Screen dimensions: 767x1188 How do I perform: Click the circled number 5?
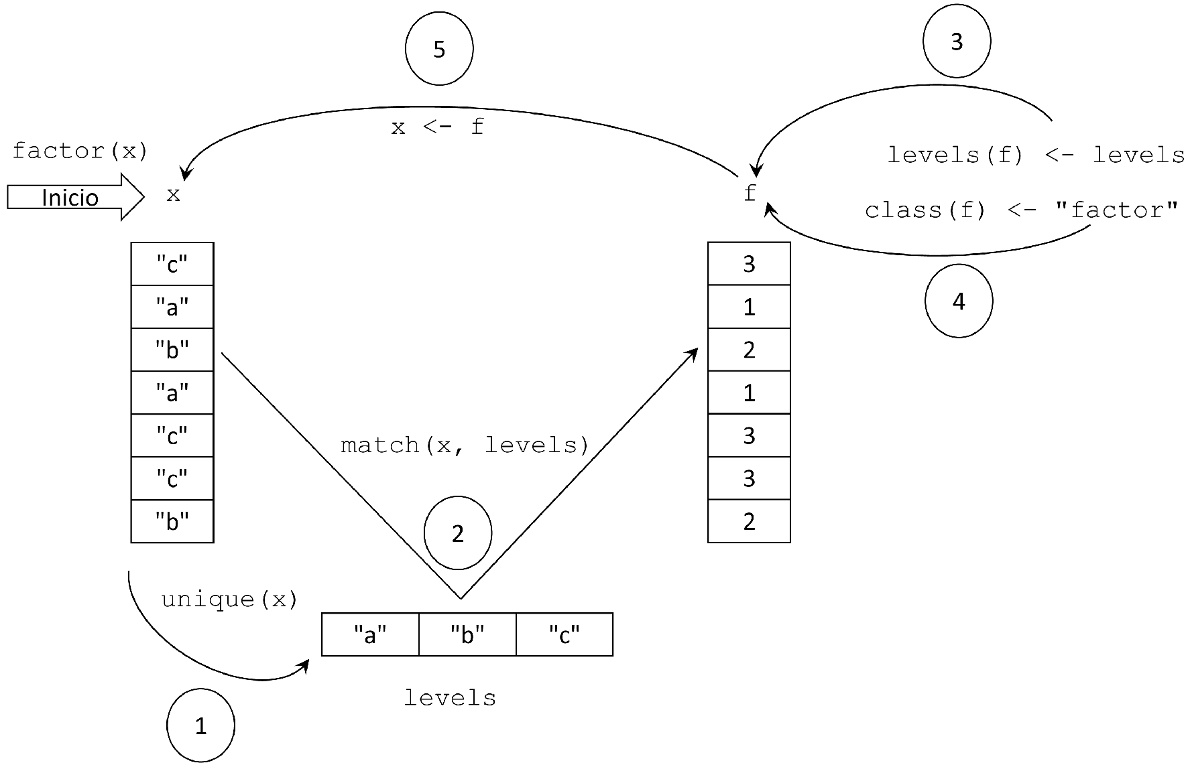pos(439,49)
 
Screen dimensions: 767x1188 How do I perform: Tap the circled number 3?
pos(957,42)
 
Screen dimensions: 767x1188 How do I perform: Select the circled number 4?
pos(959,301)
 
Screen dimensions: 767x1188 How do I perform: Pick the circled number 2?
pos(458,533)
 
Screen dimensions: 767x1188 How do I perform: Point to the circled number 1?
pos(200,726)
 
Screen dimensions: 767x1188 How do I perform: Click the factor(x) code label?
pos(80,151)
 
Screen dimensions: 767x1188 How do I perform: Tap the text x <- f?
pos(437,127)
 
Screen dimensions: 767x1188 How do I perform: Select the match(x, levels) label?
pos(465,445)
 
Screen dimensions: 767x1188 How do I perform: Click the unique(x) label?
pos(229,599)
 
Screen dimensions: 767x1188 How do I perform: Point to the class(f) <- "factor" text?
pos(1021,210)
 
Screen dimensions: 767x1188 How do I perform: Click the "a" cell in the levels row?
pos(370,634)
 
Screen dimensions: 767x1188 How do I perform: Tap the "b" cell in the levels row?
pos(467,634)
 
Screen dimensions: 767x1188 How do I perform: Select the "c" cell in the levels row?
pos(565,634)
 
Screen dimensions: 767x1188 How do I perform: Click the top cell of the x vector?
pos(172,264)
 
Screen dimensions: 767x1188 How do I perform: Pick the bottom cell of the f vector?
pos(749,521)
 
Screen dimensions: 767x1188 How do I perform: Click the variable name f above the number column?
pos(750,193)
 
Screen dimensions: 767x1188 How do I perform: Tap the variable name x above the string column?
pos(173,194)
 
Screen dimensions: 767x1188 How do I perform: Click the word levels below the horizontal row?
pos(450,698)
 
